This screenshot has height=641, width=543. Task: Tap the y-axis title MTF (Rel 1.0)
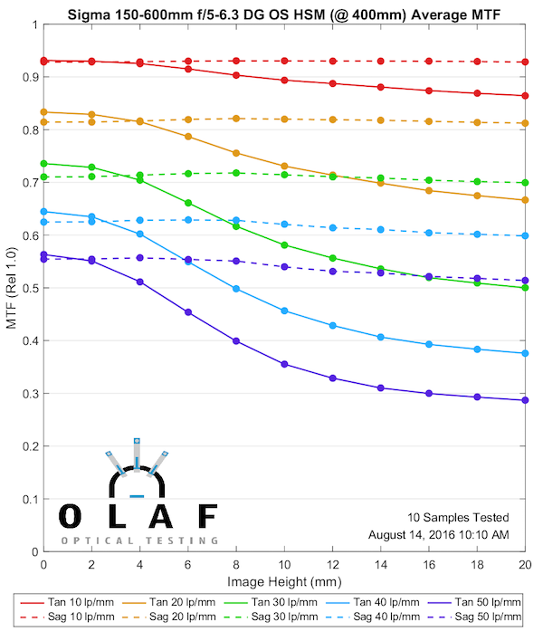pos(12,287)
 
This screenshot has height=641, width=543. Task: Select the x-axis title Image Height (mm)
pos(283,580)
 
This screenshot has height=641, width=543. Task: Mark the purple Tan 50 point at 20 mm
pos(525,400)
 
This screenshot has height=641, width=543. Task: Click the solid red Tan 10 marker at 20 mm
pos(525,96)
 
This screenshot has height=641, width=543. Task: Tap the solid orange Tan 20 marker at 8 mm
pos(236,153)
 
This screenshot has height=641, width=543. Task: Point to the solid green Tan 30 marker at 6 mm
pos(188,203)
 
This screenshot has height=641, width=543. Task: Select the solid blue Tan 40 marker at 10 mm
pos(284,311)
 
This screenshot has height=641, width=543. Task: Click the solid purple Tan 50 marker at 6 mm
pos(188,312)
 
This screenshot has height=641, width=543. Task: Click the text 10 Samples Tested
pos(458,517)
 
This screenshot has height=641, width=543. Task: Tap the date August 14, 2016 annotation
pos(439,534)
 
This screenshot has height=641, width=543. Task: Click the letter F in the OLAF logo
pos(207,517)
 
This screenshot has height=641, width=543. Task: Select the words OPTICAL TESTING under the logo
pos(139,541)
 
